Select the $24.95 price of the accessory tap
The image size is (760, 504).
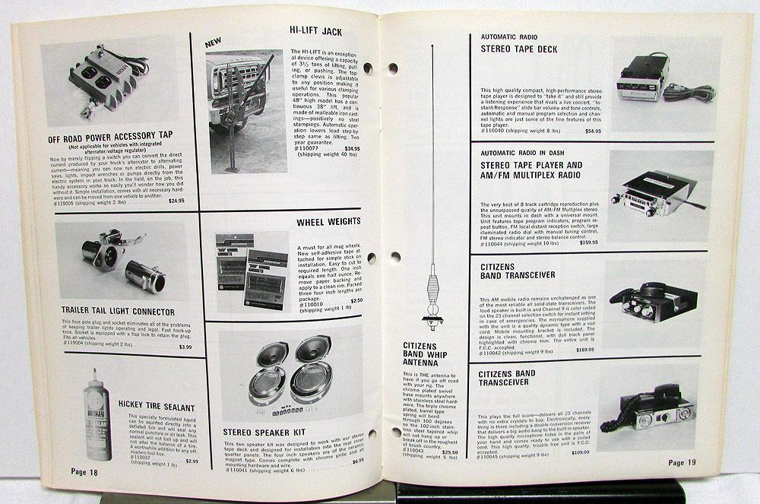[x=176, y=201]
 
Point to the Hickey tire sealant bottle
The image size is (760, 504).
[x=97, y=419]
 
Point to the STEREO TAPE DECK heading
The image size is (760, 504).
[x=518, y=49]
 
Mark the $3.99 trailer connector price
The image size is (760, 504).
[x=185, y=347]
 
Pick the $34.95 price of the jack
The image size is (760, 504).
[x=352, y=148]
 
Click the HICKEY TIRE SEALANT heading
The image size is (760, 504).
[x=157, y=407]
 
